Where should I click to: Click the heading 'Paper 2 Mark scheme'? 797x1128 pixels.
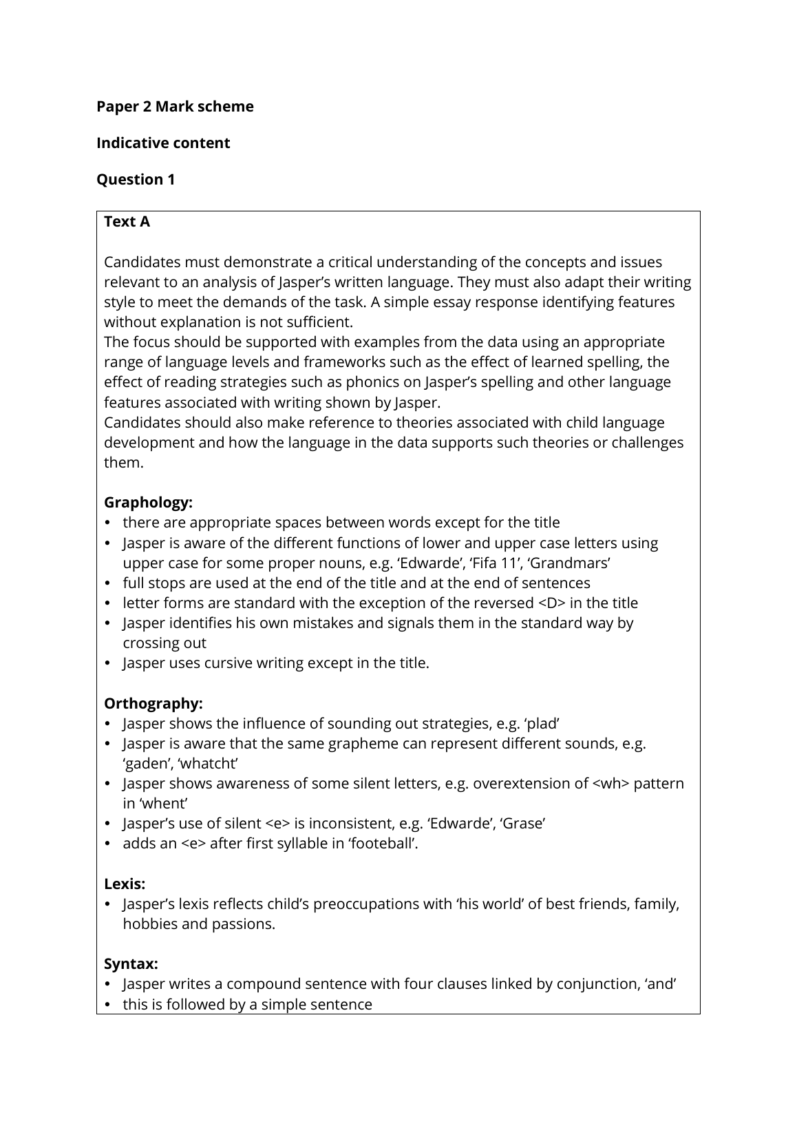coord(175,107)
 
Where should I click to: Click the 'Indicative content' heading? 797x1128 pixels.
coord(163,143)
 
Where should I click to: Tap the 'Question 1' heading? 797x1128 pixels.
coord(136,180)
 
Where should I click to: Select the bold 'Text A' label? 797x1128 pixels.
coord(127,222)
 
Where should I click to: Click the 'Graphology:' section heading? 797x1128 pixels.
coord(148,503)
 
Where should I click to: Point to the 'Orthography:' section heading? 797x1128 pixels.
coord(153,704)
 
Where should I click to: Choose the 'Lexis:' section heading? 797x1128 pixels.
coord(125,884)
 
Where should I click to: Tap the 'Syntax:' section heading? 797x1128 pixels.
coord(131,964)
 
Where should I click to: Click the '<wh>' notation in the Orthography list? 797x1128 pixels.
coord(610,784)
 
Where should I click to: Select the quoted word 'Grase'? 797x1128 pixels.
coord(523,824)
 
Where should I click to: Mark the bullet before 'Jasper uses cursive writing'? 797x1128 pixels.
coord(108,663)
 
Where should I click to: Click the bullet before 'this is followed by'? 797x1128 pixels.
coord(108,1005)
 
